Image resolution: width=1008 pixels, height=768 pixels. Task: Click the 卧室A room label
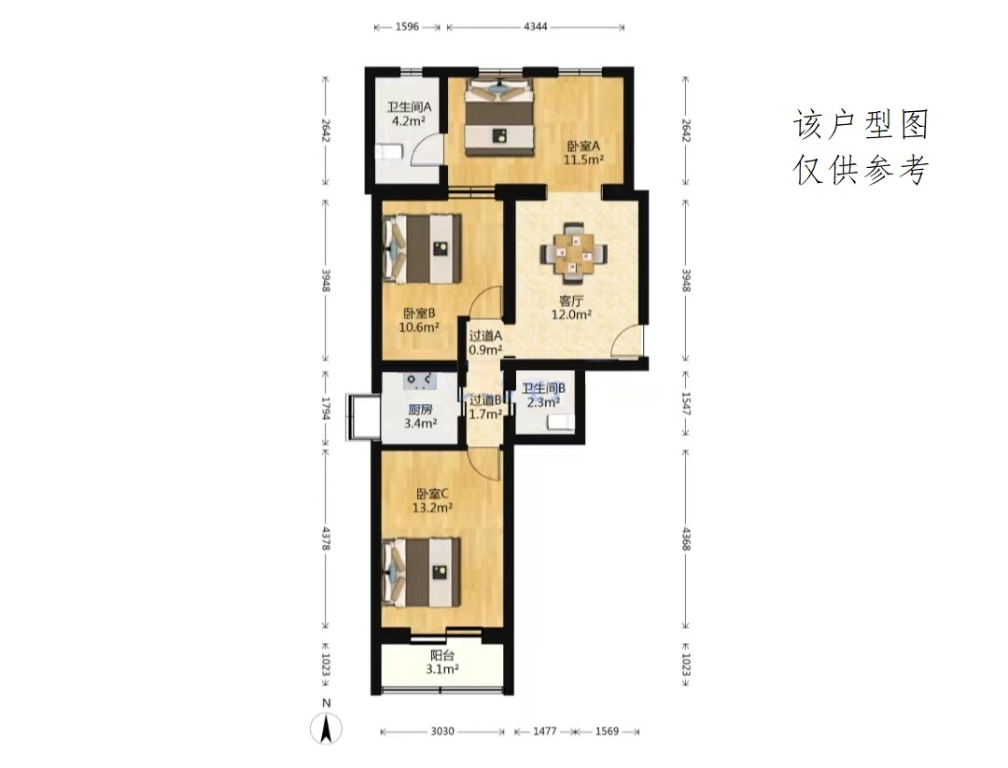click(x=583, y=146)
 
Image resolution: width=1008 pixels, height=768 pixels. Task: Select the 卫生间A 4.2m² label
click(x=408, y=114)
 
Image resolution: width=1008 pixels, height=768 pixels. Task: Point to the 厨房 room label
click(x=420, y=410)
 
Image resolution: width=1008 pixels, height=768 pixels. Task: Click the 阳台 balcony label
click(x=442, y=655)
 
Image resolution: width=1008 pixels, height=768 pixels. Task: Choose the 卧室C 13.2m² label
click(x=432, y=500)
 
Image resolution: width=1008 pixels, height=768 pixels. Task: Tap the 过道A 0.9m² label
click(x=485, y=342)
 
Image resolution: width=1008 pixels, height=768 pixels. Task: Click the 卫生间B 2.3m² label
click(x=543, y=396)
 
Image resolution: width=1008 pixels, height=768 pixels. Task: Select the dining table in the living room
click(x=574, y=253)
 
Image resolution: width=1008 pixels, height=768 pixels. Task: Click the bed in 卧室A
click(x=501, y=117)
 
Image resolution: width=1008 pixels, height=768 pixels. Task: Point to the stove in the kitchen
click(x=420, y=381)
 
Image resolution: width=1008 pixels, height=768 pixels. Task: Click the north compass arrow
click(x=327, y=729)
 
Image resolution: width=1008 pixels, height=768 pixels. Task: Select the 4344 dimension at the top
click(x=536, y=27)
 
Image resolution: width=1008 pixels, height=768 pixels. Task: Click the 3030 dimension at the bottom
click(x=442, y=732)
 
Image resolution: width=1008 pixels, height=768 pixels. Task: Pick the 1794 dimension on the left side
click(x=326, y=408)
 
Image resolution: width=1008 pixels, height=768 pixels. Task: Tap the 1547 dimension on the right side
click(x=685, y=404)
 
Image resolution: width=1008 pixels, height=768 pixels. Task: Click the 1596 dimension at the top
click(x=407, y=27)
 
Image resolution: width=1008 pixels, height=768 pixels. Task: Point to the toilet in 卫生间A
click(x=388, y=152)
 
